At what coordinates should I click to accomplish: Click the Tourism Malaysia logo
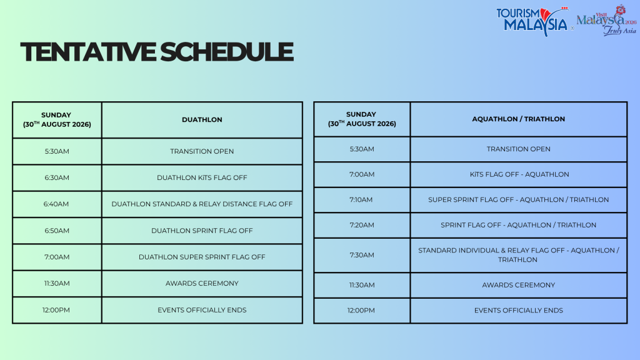pyautogui.click(x=534, y=21)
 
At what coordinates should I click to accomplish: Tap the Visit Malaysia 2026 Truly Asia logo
pyautogui.click(x=606, y=20)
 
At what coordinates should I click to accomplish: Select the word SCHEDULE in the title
pyautogui.click(x=226, y=52)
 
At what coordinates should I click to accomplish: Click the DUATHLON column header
pyautogui.click(x=202, y=119)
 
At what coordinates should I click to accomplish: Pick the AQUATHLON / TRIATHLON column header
pyautogui.click(x=518, y=119)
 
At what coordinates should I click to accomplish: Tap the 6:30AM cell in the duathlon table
pyautogui.click(x=57, y=177)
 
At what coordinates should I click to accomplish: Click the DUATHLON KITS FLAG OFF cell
pyautogui.click(x=202, y=177)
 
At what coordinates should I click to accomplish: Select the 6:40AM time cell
pyautogui.click(x=56, y=204)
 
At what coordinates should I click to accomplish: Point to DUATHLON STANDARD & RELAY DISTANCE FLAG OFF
pyautogui.click(x=202, y=204)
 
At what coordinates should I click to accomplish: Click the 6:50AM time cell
pyautogui.click(x=57, y=231)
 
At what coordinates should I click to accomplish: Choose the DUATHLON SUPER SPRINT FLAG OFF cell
pyautogui.click(x=202, y=257)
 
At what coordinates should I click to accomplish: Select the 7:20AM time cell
pyautogui.click(x=362, y=225)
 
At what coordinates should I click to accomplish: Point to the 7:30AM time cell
pyautogui.click(x=362, y=255)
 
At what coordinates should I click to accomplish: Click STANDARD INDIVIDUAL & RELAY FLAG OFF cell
pyautogui.click(x=518, y=255)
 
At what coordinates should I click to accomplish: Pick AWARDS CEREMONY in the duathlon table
pyautogui.click(x=202, y=283)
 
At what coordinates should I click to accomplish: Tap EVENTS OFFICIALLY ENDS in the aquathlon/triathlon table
pyautogui.click(x=518, y=310)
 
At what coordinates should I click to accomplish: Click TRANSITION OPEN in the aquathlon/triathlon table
pyautogui.click(x=518, y=149)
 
